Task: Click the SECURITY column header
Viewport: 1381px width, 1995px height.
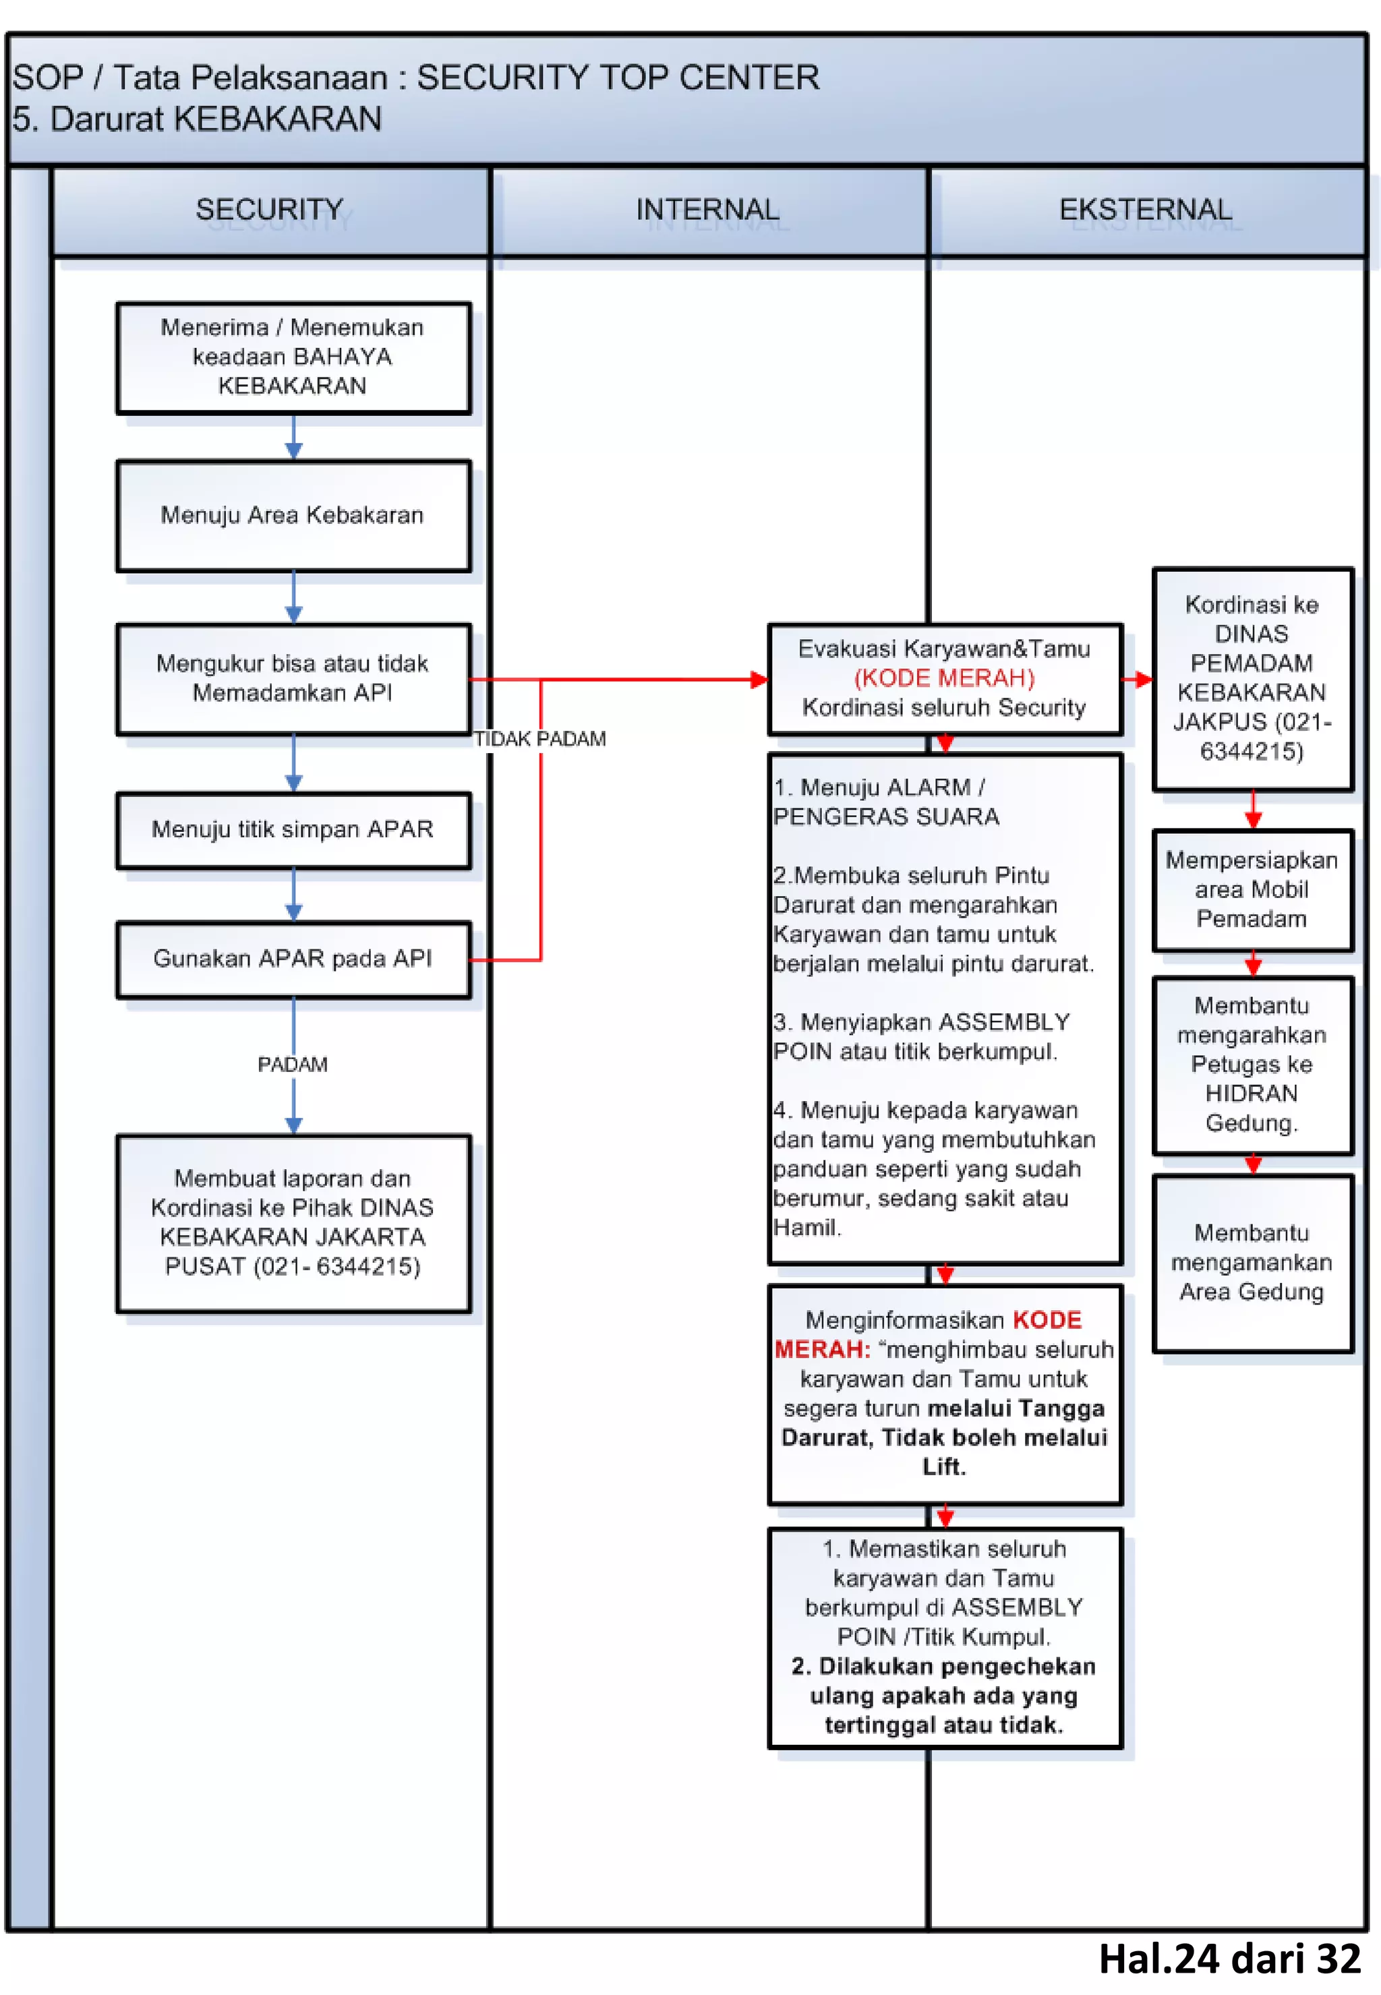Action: (x=269, y=210)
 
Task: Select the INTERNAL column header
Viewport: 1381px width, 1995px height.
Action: (x=708, y=210)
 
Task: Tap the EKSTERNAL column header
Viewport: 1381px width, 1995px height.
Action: (x=1146, y=210)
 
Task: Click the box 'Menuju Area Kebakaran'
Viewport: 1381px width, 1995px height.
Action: (x=293, y=516)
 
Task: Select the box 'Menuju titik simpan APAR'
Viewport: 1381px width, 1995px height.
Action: (x=293, y=830)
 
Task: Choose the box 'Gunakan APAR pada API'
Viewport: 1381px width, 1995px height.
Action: (x=293, y=959)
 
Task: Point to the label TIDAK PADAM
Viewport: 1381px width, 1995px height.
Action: (x=540, y=740)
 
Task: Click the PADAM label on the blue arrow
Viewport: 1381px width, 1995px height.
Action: (x=293, y=1064)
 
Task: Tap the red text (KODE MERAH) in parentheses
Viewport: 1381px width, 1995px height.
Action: (x=944, y=678)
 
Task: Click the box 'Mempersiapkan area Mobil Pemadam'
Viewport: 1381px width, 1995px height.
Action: (x=1252, y=889)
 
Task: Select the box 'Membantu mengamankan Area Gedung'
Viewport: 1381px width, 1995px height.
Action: (x=1252, y=1262)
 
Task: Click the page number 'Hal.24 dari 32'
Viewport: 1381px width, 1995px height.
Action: (x=1229, y=1959)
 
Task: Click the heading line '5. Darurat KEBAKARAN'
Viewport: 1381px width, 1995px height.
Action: (x=198, y=119)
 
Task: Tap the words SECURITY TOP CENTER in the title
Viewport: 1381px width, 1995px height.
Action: (x=618, y=78)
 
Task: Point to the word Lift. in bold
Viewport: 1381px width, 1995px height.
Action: (x=943, y=1466)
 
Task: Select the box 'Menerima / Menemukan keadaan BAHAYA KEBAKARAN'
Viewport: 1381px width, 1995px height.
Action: (x=293, y=357)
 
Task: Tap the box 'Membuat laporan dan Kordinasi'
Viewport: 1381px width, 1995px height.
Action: (x=293, y=1222)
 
